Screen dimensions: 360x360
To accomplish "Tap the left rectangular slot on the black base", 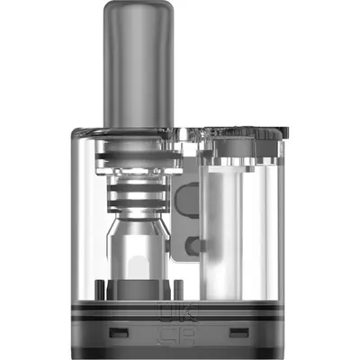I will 116,334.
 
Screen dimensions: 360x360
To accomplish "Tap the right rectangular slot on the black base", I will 239,334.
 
